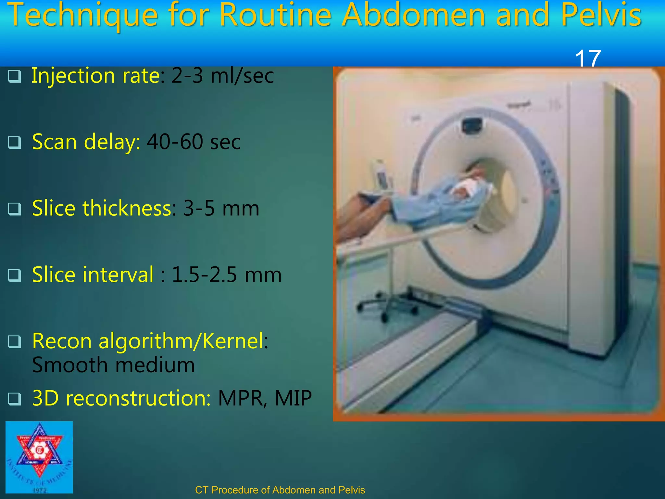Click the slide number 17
click(x=588, y=58)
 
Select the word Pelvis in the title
click(x=601, y=16)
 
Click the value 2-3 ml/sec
click(x=222, y=76)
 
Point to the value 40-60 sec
click(x=194, y=142)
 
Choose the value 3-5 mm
click(x=221, y=208)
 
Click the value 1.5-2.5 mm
click(x=226, y=275)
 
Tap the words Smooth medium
click(x=113, y=365)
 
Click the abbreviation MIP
click(x=293, y=398)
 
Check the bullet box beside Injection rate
click(x=15, y=76)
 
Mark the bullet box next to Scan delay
click(x=15, y=143)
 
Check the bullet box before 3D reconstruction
click(x=15, y=399)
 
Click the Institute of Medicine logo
click(x=39, y=457)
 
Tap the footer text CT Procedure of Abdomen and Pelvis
click(x=280, y=490)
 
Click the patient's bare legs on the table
click(x=364, y=214)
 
